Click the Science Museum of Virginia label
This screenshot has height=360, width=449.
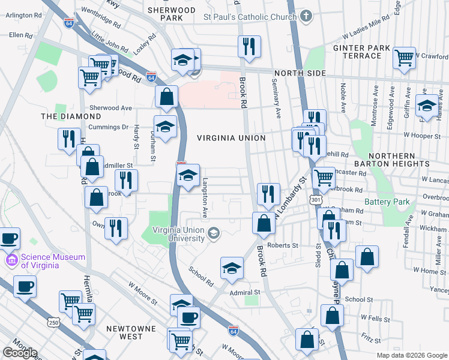[x=53, y=262]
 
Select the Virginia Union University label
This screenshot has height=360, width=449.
[x=179, y=234]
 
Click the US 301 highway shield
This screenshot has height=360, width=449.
[x=315, y=199]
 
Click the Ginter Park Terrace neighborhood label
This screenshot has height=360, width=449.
[x=358, y=52]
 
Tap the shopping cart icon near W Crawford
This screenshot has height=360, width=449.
[x=405, y=58]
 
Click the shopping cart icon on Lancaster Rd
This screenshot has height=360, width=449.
[x=324, y=177]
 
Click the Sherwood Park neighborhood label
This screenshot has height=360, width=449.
[x=171, y=14]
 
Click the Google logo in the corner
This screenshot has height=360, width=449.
[x=19, y=353]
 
